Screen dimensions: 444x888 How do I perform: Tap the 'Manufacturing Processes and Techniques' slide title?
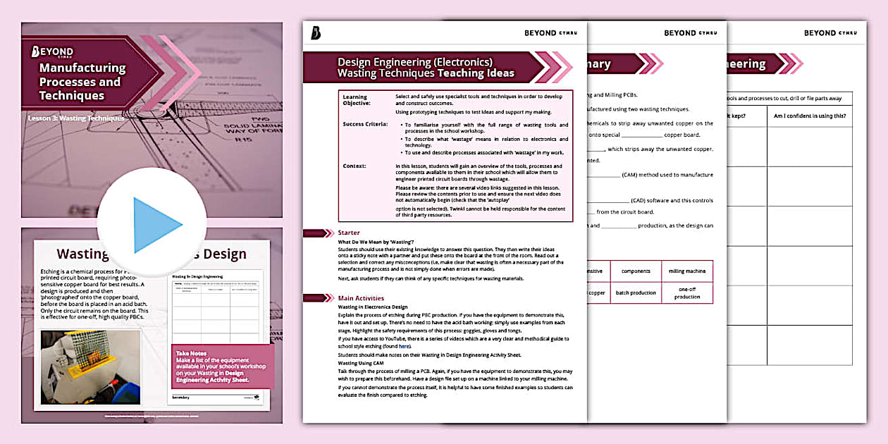[82, 82]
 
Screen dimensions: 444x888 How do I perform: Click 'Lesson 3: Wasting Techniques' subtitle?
[76, 118]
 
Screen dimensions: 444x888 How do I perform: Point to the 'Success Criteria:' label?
[365, 124]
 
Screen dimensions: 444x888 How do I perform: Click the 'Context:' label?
[354, 166]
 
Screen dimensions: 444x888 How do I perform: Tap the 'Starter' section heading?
[349, 233]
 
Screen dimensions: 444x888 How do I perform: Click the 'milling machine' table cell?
[686, 271]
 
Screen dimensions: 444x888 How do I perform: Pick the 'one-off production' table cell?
[686, 292]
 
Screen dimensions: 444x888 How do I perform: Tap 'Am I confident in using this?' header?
[810, 116]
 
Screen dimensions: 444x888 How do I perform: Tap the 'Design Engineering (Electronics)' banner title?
[415, 62]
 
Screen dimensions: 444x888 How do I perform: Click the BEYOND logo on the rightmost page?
[830, 33]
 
